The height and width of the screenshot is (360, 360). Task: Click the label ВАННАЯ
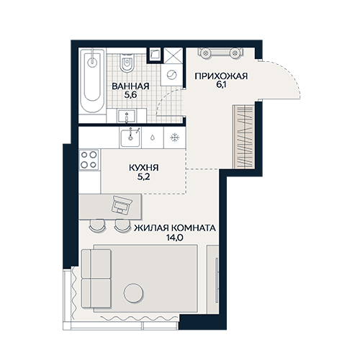(130, 86)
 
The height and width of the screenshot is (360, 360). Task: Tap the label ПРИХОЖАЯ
(221, 76)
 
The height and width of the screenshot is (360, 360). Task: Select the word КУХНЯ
(144, 168)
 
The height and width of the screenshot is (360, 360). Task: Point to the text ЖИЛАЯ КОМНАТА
(175, 228)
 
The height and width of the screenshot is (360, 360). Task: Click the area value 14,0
(175, 238)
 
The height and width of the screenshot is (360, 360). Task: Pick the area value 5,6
(130, 95)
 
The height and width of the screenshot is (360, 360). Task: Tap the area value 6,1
(221, 86)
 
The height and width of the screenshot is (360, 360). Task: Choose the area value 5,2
(143, 177)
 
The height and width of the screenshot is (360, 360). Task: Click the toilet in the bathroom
(127, 62)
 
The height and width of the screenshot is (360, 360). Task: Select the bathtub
(92, 81)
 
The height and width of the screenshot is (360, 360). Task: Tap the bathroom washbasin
(127, 116)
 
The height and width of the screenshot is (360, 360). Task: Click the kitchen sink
(130, 138)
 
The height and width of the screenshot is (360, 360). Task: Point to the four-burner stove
(89, 160)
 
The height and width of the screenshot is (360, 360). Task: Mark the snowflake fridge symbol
(174, 138)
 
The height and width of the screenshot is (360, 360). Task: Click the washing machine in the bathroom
(172, 75)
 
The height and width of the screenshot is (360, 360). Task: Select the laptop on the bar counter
(122, 204)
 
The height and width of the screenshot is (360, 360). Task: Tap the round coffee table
(134, 293)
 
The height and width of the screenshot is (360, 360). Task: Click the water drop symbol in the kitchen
(153, 138)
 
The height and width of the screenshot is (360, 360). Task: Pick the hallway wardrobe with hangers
(244, 137)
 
